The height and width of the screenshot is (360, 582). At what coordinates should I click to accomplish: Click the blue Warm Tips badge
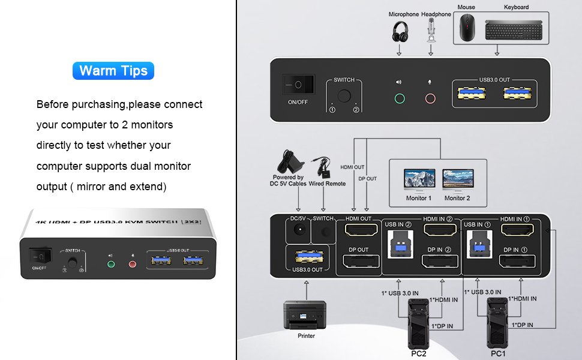(x=113, y=71)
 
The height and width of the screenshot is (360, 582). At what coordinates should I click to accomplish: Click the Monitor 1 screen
(x=419, y=179)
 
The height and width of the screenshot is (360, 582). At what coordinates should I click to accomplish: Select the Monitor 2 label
(x=457, y=198)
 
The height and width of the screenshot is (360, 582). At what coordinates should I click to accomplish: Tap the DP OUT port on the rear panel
(x=358, y=261)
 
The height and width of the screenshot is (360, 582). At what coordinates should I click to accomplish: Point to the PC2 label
(x=419, y=354)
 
